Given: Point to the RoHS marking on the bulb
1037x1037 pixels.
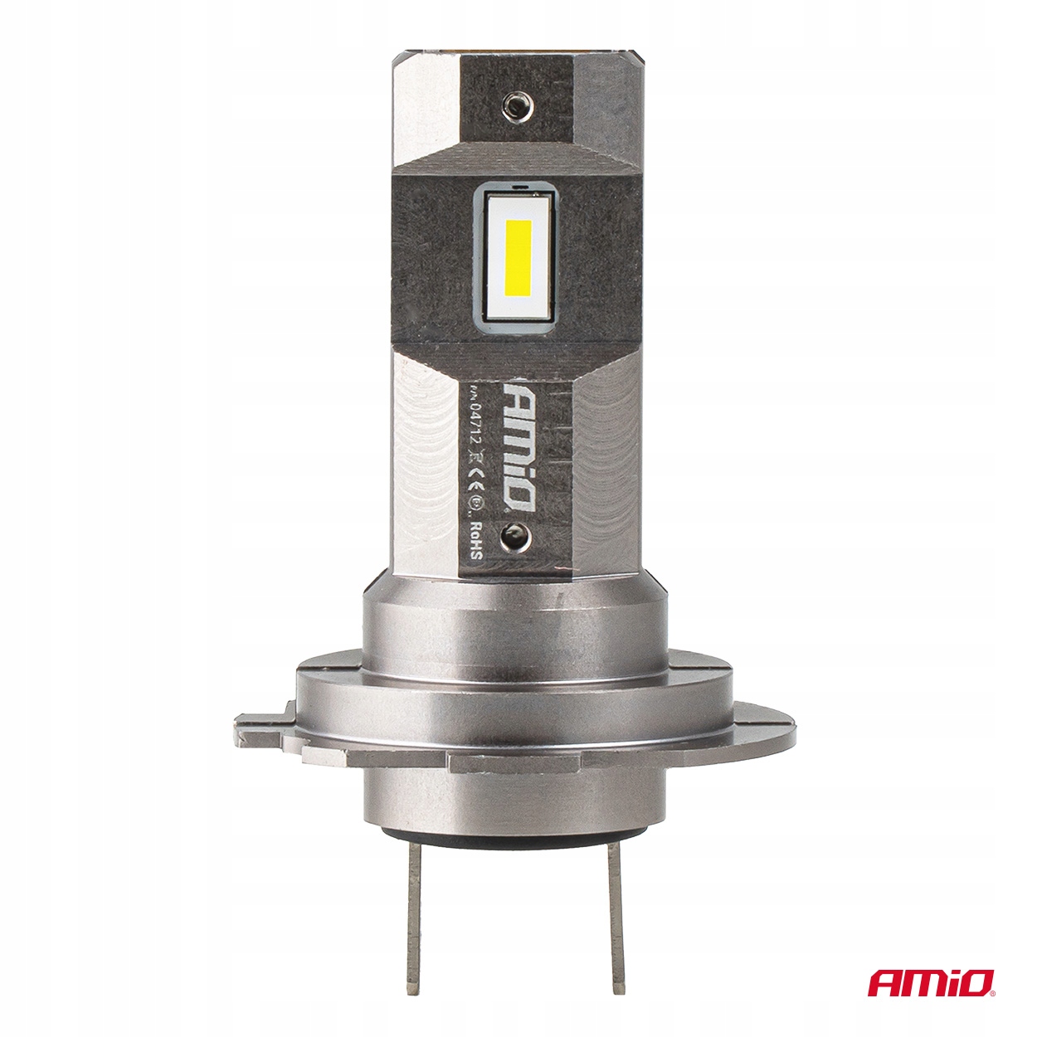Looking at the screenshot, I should point(477,538).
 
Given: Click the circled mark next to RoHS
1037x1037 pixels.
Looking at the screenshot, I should point(477,503).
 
